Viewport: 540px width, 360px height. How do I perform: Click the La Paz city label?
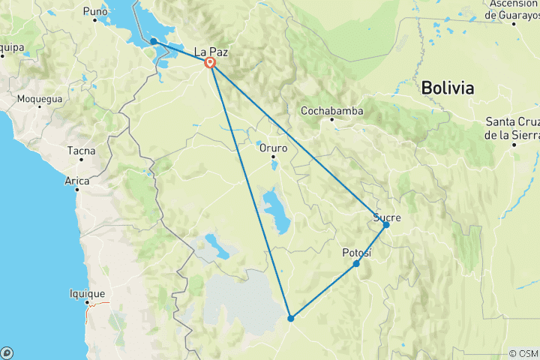point(210,52)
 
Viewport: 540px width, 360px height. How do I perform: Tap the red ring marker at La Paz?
point(211,64)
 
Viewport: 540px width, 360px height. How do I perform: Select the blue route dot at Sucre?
point(386,225)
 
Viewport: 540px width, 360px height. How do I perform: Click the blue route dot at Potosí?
point(356,263)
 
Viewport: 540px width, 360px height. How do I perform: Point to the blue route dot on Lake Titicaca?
point(153,41)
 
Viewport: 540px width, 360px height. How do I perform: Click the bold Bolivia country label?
point(448,88)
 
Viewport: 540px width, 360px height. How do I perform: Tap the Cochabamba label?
point(331,111)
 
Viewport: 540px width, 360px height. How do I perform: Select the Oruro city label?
point(273,148)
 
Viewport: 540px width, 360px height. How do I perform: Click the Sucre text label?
point(388,217)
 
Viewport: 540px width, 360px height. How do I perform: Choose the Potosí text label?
point(357,253)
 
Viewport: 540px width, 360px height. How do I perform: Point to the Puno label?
point(95,11)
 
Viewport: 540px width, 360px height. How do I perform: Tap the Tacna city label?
point(81,151)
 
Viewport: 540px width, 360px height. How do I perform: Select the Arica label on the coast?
point(77,181)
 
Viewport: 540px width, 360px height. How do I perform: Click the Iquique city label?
point(86,294)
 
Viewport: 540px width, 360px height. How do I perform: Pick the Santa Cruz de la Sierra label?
point(513,128)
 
